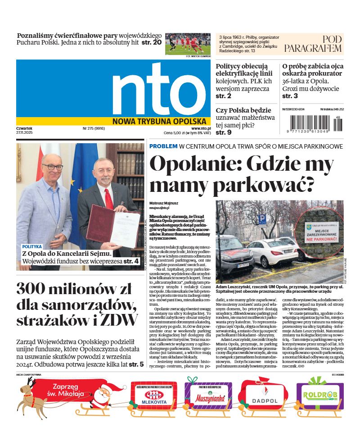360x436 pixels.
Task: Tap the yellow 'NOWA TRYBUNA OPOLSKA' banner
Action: [x=159, y=121]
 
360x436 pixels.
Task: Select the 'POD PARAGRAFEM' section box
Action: [x=313, y=44]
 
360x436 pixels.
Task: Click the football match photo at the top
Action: [x=188, y=43]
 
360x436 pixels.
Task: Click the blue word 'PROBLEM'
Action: [x=163, y=146]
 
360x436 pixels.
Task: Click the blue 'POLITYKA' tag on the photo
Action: [x=32, y=247]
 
